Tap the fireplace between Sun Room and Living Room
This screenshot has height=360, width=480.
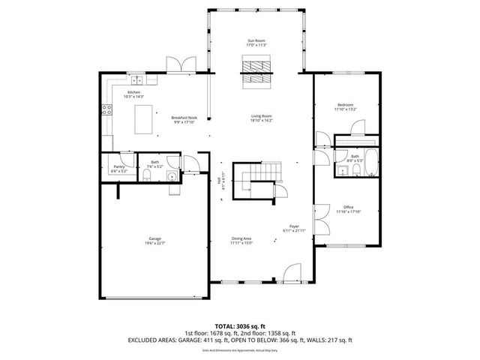click(257, 73)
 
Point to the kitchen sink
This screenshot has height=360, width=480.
click(137, 79)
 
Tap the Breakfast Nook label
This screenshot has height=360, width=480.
click(184, 118)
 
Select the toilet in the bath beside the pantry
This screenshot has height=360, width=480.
click(148, 177)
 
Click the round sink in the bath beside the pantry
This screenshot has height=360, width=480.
click(172, 178)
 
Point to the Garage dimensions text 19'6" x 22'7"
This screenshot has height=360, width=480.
click(154, 243)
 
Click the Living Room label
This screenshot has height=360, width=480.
click(261, 115)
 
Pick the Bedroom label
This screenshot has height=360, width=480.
click(345, 104)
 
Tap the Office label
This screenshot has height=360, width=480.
click(348, 207)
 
